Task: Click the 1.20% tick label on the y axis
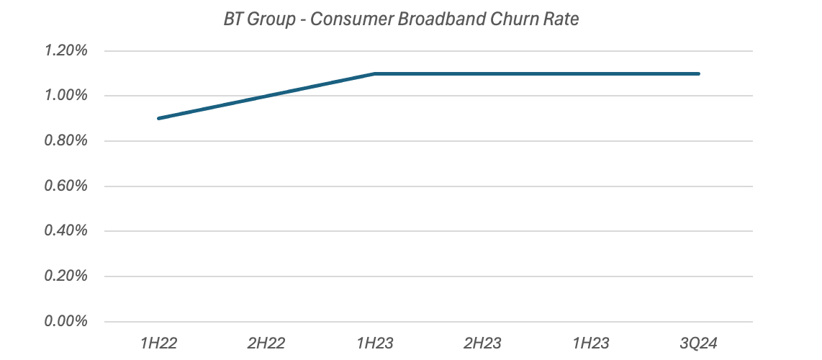pos(67,51)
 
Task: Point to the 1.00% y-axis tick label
pos(67,96)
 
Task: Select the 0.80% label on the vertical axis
pos(67,141)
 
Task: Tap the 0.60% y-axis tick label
pos(67,186)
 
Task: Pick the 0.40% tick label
pos(67,231)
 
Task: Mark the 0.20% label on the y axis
pos(67,276)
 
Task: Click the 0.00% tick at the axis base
pos(67,321)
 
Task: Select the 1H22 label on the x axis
pos(158,341)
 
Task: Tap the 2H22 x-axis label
pos(266,341)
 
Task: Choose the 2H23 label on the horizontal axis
pos(482,341)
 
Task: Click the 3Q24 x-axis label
pos(698,341)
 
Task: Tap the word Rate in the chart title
pos(561,19)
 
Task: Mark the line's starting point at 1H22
pos(158,118)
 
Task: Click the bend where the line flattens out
pos(374,73)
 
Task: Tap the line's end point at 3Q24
pos(698,73)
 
